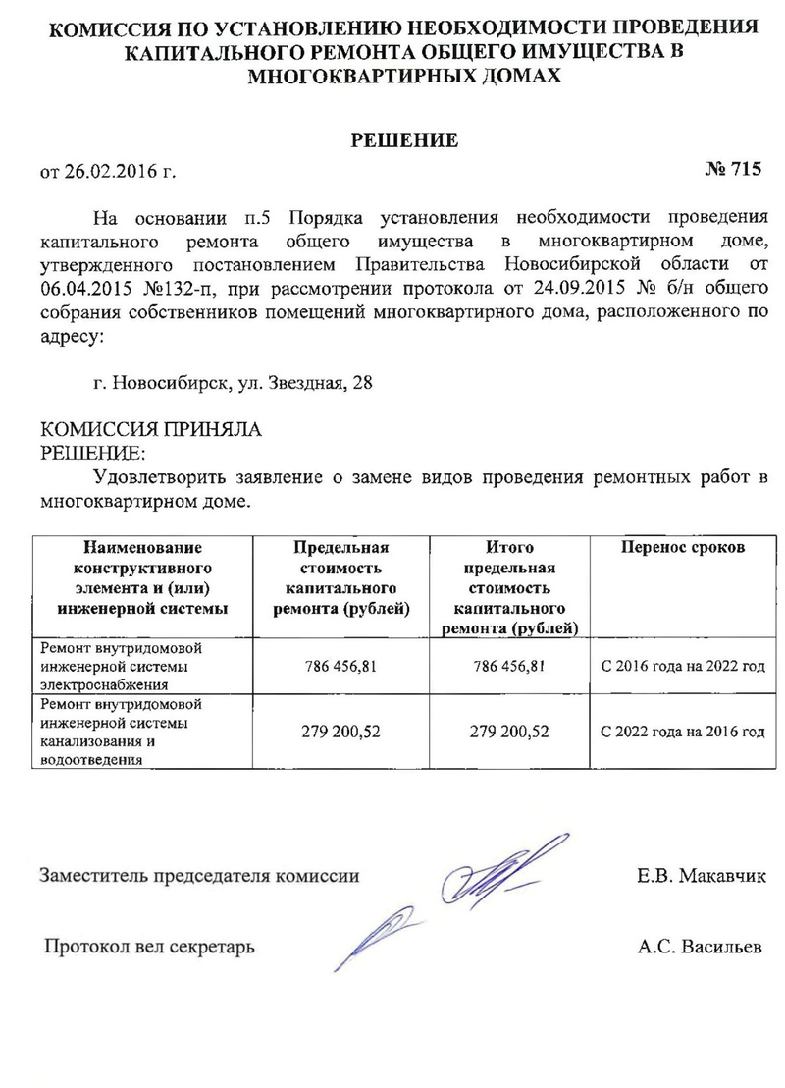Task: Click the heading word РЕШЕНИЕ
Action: pos(405,140)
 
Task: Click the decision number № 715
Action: pos(733,169)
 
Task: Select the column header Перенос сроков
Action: pos(683,547)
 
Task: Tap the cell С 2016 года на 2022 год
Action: pos(683,667)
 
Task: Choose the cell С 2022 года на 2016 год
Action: pos(683,732)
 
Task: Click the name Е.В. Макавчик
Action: pos(698,875)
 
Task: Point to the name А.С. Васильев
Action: pos(699,948)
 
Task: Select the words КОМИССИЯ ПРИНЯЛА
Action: pos(150,430)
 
